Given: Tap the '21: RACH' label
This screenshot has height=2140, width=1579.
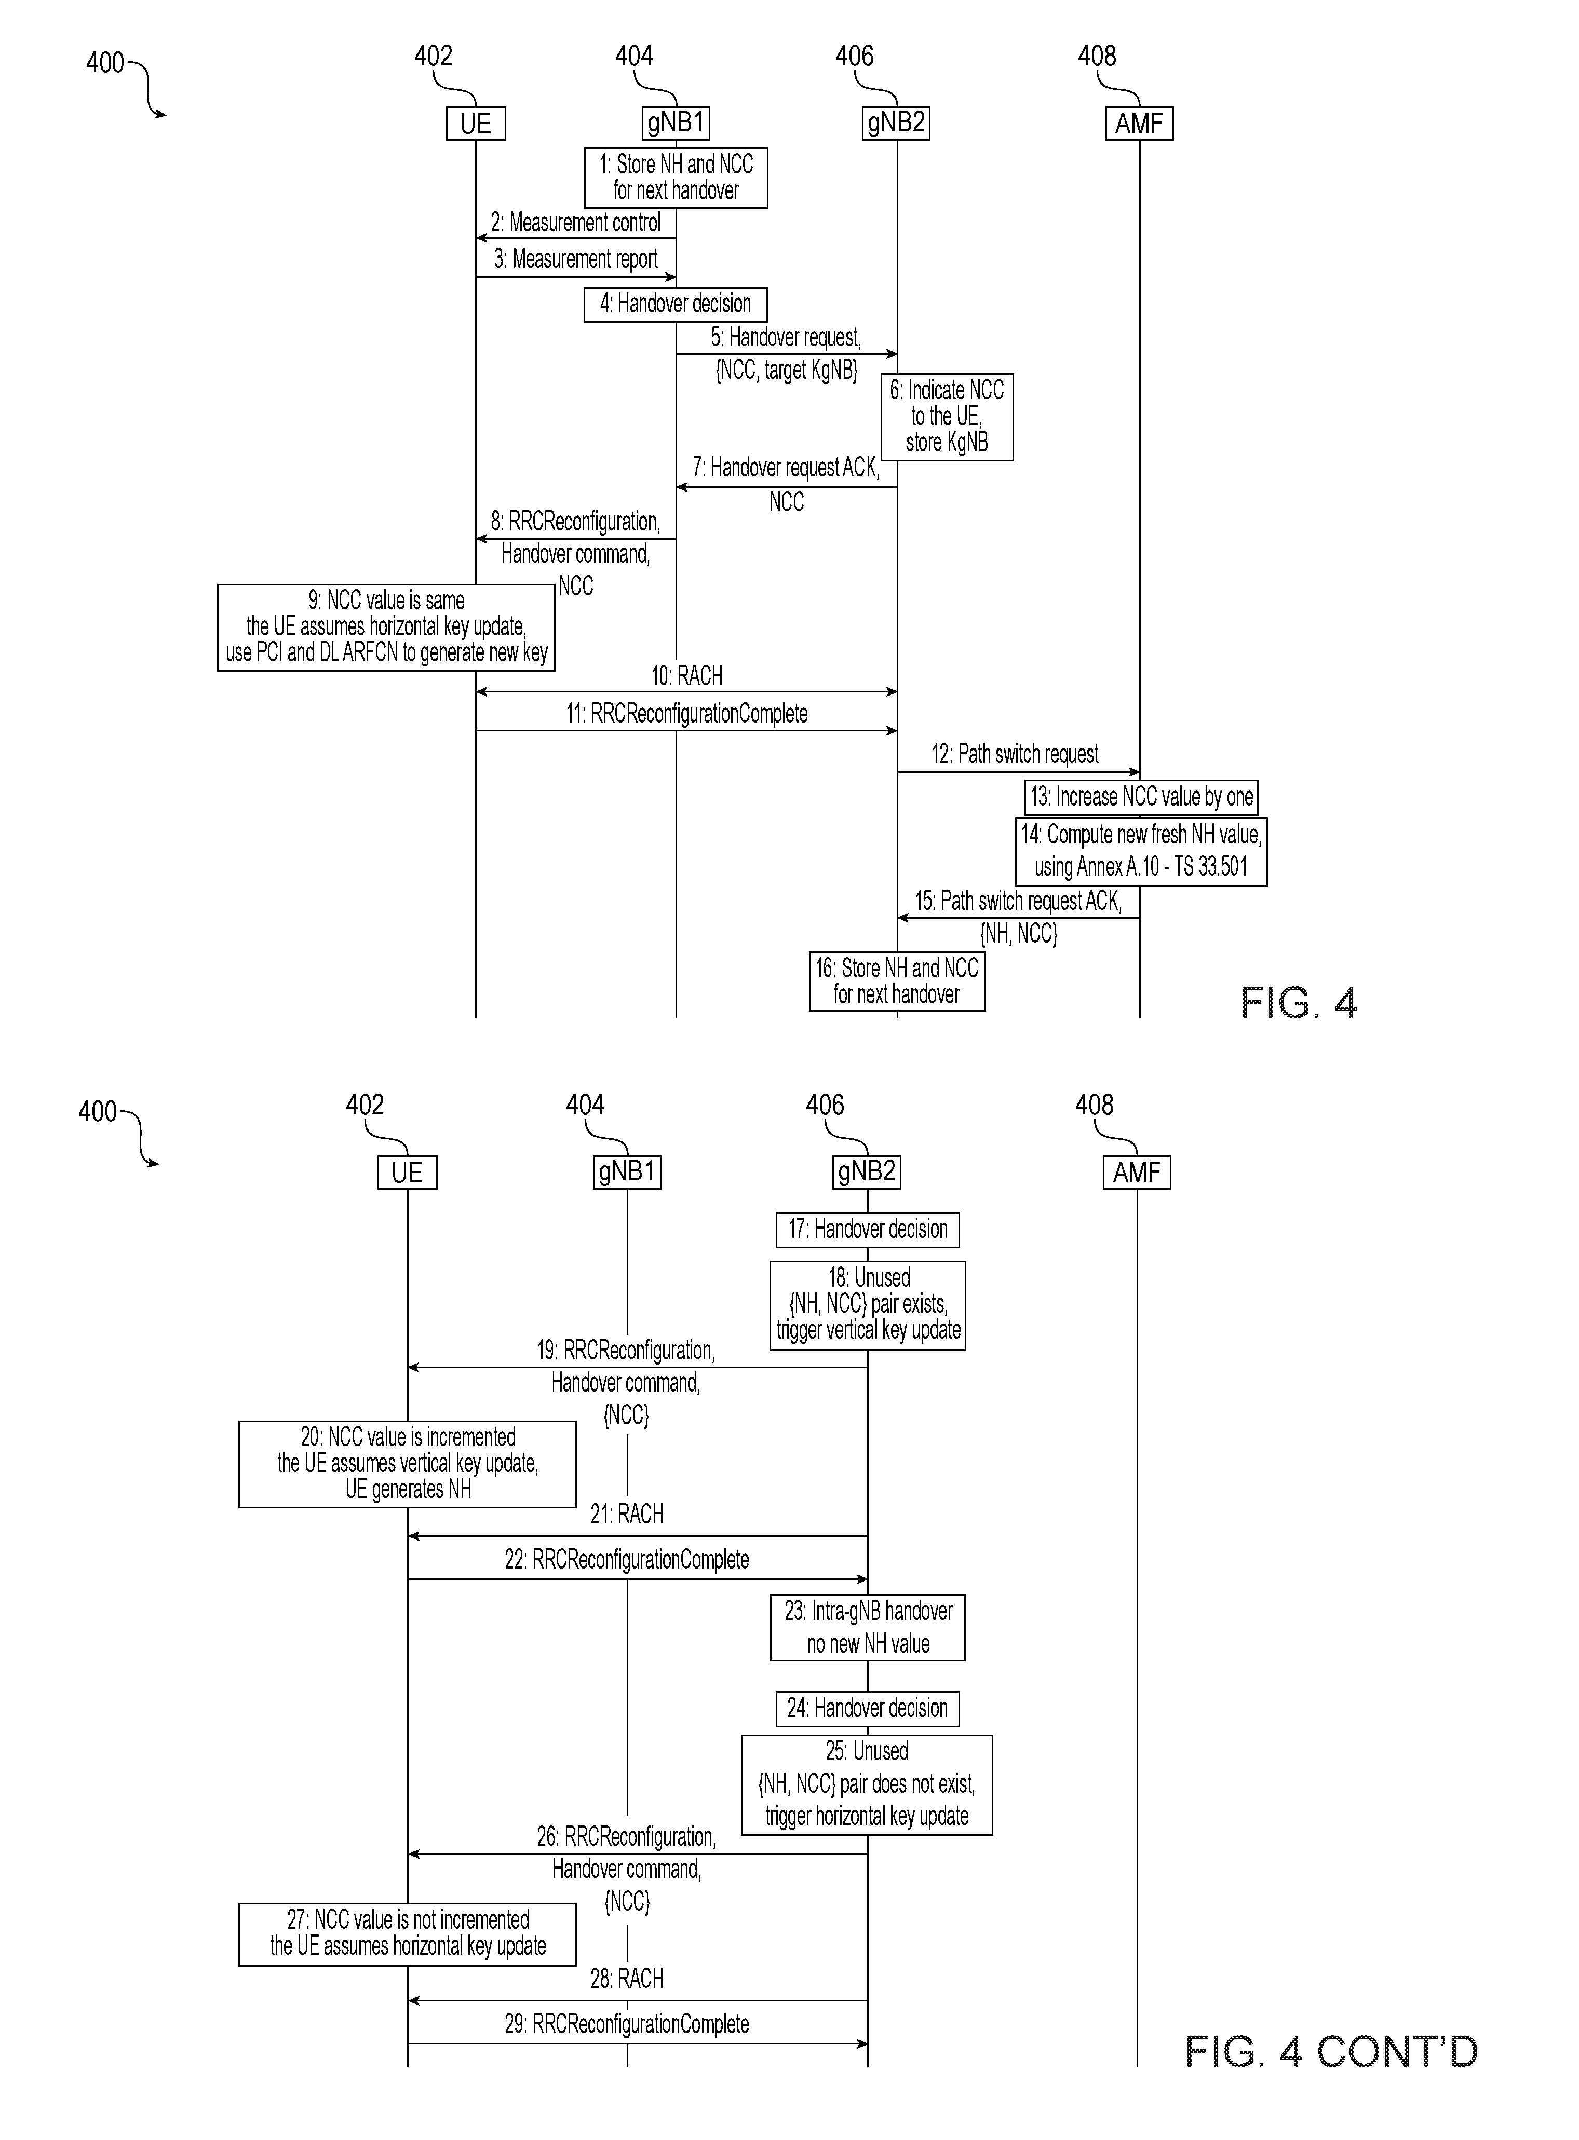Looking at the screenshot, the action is point(627,1514).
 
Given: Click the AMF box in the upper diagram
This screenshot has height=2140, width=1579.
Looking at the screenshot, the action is point(1139,123).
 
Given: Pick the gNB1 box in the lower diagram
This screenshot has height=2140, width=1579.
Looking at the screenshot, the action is point(627,1172).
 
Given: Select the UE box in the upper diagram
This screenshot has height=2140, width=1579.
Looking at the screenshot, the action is point(476,123).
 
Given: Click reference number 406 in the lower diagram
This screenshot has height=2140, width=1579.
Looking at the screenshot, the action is point(825,1106).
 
